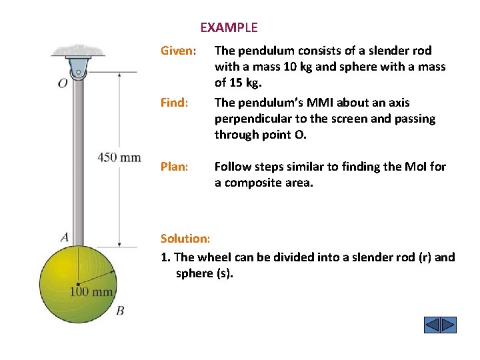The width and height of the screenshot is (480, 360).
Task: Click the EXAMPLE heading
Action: [x=229, y=27]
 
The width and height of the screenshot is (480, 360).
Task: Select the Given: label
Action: [x=179, y=51]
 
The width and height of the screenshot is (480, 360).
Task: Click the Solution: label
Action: [x=185, y=239]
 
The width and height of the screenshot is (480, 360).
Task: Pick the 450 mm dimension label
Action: [x=119, y=157]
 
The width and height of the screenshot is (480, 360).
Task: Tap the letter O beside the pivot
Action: [x=62, y=84]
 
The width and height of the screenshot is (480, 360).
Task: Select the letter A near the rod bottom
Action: [x=64, y=237]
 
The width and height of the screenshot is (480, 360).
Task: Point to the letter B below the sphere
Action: [x=120, y=311]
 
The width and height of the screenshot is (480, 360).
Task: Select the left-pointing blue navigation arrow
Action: [x=432, y=325]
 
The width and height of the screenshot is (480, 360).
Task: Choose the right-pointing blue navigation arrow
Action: [x=449, y=325]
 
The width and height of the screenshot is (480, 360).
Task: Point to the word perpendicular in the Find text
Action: [x=249, y=119]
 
